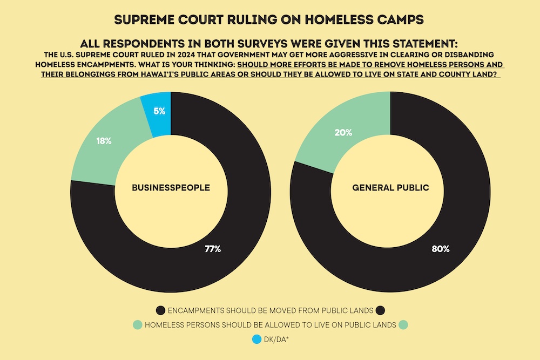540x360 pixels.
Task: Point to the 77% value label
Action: pyautogui.click(x=213, y=249)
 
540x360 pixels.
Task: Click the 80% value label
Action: pyautogui.click(x=440, y=249)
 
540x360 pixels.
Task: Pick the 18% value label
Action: pyautogui.click(x=104, y=141)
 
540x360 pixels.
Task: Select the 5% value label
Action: pyautogui.click(x=159, y=112)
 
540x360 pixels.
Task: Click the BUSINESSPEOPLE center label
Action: pyautogui.click(x=171, y=188)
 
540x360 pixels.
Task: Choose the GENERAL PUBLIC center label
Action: pyautogui.click(x=390, y=188)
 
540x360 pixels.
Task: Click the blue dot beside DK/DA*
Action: pyautogui.click(x=256, y=340)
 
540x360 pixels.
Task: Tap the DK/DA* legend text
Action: pyautogui.click(x=276, y=340)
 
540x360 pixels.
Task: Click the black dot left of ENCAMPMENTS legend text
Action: pyautogui.click(x=160, y=310)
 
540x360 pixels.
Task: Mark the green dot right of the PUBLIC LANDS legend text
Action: pyautogui.click(x=402, y=325)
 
